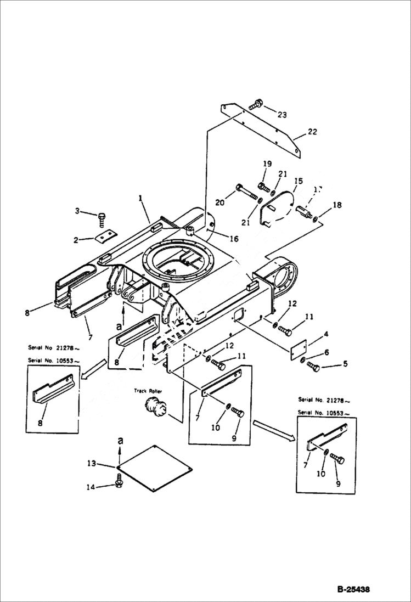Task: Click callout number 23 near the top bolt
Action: click(282, 115)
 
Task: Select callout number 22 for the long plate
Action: click(312, 132)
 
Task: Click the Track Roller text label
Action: click(147, 391)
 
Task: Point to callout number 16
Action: click(234, 239)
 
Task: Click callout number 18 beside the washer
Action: click(337, 205)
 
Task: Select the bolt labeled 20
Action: click(245, 193)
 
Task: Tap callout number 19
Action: click(267, 164)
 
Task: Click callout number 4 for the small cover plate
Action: click(325, 334)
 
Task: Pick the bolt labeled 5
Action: click(313, 366)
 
